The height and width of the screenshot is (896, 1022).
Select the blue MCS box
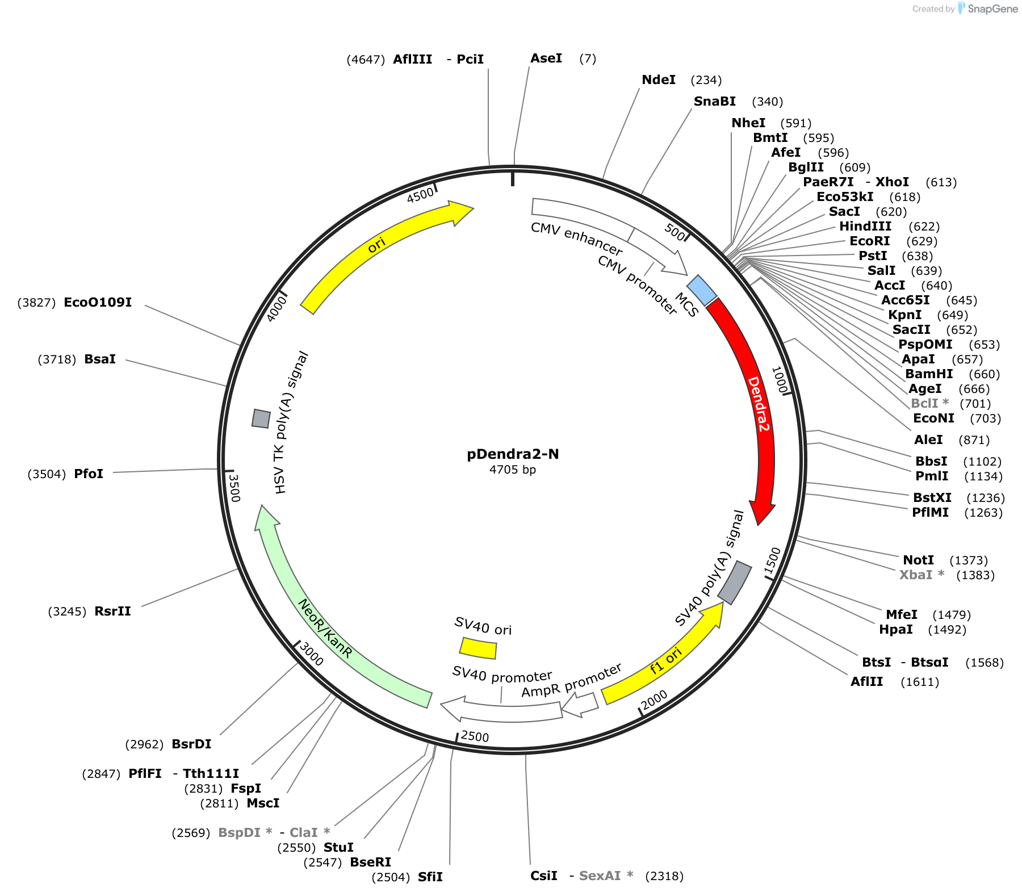tap(702, 290)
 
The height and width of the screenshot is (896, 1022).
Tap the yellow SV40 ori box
tap(478, 648)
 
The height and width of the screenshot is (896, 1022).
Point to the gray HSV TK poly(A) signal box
tap(261, 418)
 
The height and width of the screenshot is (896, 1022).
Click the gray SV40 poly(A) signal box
tap(735, 583)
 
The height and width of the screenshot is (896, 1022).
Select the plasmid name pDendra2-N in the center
tap(513, 454)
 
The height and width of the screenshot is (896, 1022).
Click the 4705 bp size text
tap(513, 470)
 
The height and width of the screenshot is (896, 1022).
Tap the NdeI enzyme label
tap(659, 79)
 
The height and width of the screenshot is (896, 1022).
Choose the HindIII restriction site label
tap(865, 226)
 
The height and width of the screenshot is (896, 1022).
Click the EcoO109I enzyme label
tap(98, 302)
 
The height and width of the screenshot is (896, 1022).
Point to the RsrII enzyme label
tap(113, 611)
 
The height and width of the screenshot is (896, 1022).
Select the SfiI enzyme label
tap(430, 877)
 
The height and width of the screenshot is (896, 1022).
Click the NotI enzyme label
tap(919, 560)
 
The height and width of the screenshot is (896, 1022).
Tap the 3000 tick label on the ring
tap(311, 654)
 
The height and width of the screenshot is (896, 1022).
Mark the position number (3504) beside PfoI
tap(47, 474)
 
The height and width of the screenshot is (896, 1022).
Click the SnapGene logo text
tap(992, 9)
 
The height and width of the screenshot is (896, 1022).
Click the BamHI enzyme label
tap(929, 374)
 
